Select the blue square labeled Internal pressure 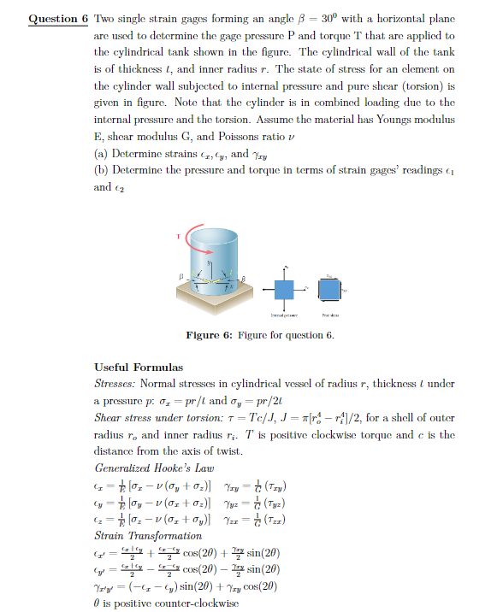(x=283, y=290)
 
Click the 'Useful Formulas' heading (x=138, y=367)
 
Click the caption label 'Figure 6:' (x=207, y=334)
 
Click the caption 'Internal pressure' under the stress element (x=283, y=314)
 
